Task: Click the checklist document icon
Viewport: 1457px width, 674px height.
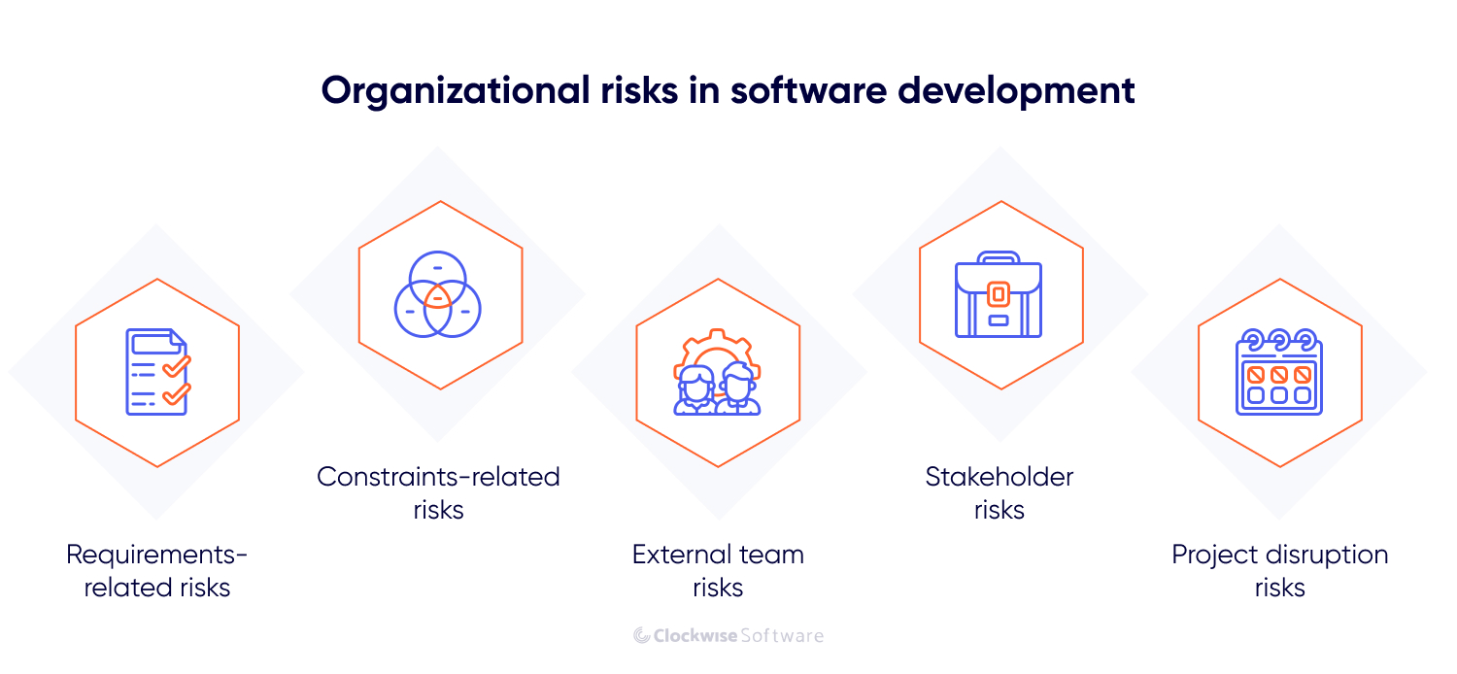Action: [x=157, y=372]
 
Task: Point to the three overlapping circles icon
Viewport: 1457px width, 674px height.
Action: [x=439, y=293]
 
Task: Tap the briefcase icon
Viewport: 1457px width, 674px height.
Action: [x=999, y=294]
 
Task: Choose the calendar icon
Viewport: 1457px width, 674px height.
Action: [x=1278, y=372]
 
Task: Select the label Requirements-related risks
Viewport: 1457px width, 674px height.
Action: [x=157, y=570]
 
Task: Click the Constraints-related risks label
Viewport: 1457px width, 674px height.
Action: [x=439, y=492]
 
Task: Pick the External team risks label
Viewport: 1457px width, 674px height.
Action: [x=718, y=570]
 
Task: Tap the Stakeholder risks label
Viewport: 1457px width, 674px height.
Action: [x=1000, y=492]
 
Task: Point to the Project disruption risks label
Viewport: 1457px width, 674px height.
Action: [x=1279, y=570]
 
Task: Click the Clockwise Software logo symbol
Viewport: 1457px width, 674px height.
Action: [x=642, y=635]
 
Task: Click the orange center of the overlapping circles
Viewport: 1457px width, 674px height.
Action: [x=438, y=297]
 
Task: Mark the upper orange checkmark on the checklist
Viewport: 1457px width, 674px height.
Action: [x=176, y=366]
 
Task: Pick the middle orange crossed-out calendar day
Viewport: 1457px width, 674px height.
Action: [x=1279, y=373]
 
